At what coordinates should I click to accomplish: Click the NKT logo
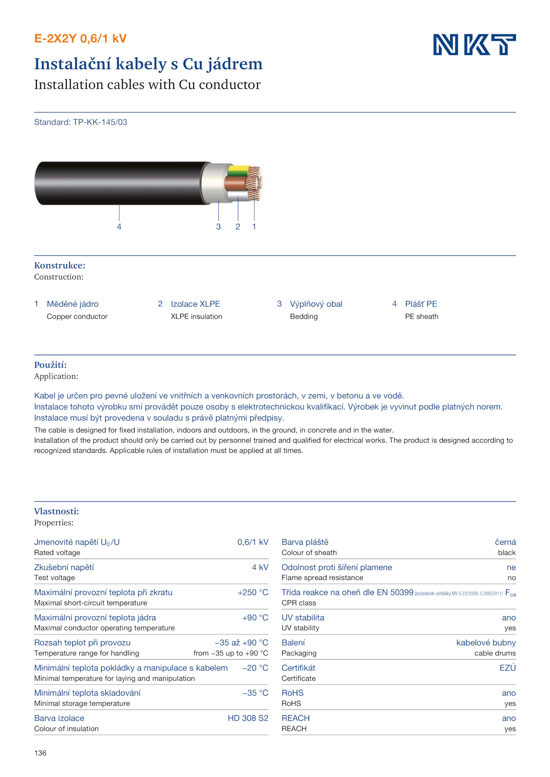coord(474,44)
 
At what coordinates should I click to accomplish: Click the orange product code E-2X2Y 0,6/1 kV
coord(80,38)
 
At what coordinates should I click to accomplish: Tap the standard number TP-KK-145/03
coord(100,122)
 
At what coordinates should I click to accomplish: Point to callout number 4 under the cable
coord(119,227)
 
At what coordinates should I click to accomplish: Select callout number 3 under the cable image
coord(218,227)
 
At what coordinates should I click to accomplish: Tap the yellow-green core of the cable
coord(238,170)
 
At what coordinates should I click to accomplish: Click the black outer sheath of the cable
coord(120,183)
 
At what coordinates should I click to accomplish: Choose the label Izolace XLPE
coord(195,304)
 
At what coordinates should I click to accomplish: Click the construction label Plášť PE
coord(421,304)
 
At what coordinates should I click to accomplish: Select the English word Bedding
coord(304,317)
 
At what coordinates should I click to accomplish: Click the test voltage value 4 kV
coord(260,567)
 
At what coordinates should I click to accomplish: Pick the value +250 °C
coord(253,592)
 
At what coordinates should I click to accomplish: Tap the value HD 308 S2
coord(248,718)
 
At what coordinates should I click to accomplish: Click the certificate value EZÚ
coord(507,668)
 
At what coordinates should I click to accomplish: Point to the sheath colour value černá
coord(505,542)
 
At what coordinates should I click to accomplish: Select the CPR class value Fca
coord(510,593)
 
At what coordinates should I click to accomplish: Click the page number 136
coord(40,753)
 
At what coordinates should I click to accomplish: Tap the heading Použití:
coord(50,365)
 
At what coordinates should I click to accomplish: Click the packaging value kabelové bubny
coord(486,643)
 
